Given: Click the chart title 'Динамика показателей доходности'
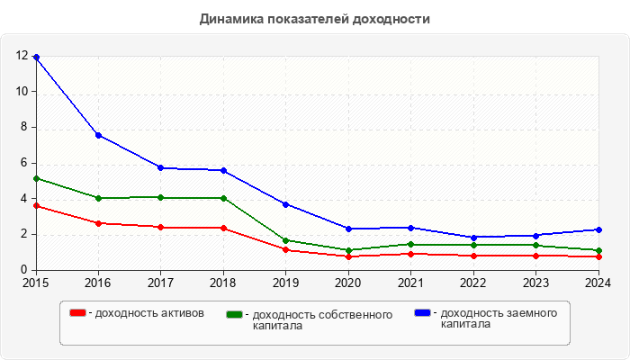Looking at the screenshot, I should tap(315, 18).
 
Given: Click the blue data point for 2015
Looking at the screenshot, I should tap(36, 57).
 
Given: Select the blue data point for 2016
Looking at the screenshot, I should tap(98, 135).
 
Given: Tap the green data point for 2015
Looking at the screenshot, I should tap(36, 178).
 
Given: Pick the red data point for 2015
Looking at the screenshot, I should tap(36, 206).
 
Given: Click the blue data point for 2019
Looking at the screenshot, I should tap(285, 204).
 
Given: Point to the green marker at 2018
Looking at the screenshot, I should tap(223, 198).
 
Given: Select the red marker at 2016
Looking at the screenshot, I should tap(98, 223).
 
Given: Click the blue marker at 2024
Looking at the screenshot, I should tap(598, 229).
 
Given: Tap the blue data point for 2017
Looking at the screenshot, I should tap(161, 167).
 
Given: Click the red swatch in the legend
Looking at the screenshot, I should tap(78, 313).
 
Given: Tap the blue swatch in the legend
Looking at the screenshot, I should tap(422, 313).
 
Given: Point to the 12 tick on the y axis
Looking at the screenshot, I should tap(22, 56).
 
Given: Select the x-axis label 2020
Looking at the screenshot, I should tap(348, 283).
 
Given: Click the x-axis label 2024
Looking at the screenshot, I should tap(597, 283).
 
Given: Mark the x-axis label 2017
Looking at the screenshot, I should tap(161, 283).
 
